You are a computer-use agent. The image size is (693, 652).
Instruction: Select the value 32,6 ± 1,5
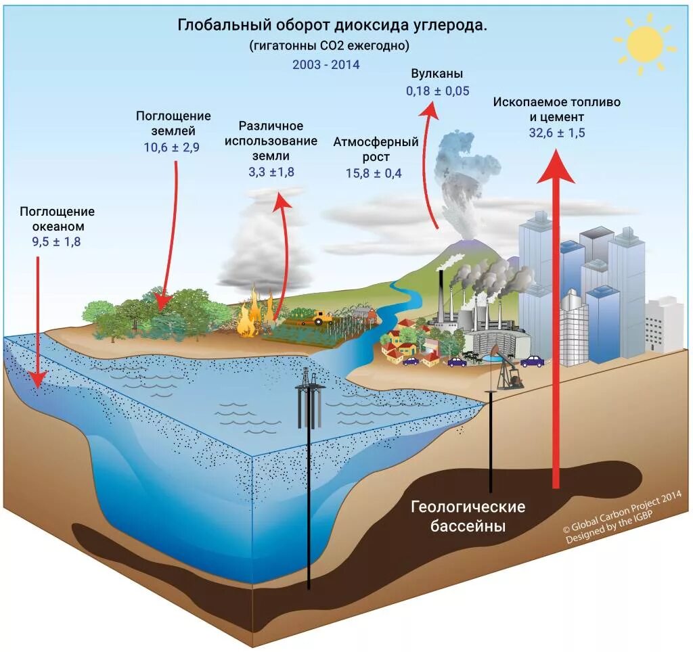tap(556, 133)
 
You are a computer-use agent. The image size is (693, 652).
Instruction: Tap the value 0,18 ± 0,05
tap(437, 91)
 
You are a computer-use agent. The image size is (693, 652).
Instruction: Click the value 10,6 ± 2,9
tap(172, 147)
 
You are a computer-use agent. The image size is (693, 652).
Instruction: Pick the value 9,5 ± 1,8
tap(56, 242)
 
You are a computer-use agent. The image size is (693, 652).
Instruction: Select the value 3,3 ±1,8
tap(271, 172)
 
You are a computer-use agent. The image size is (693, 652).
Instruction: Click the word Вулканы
tap(437, 74)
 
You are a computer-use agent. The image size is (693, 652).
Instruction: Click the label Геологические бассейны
tap(468, 515)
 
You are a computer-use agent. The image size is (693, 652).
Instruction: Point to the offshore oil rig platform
tap(311, 399)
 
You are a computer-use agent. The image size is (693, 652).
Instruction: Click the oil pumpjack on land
tap(507, 369)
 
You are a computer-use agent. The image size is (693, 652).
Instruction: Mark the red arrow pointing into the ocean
tap(37, 325)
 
